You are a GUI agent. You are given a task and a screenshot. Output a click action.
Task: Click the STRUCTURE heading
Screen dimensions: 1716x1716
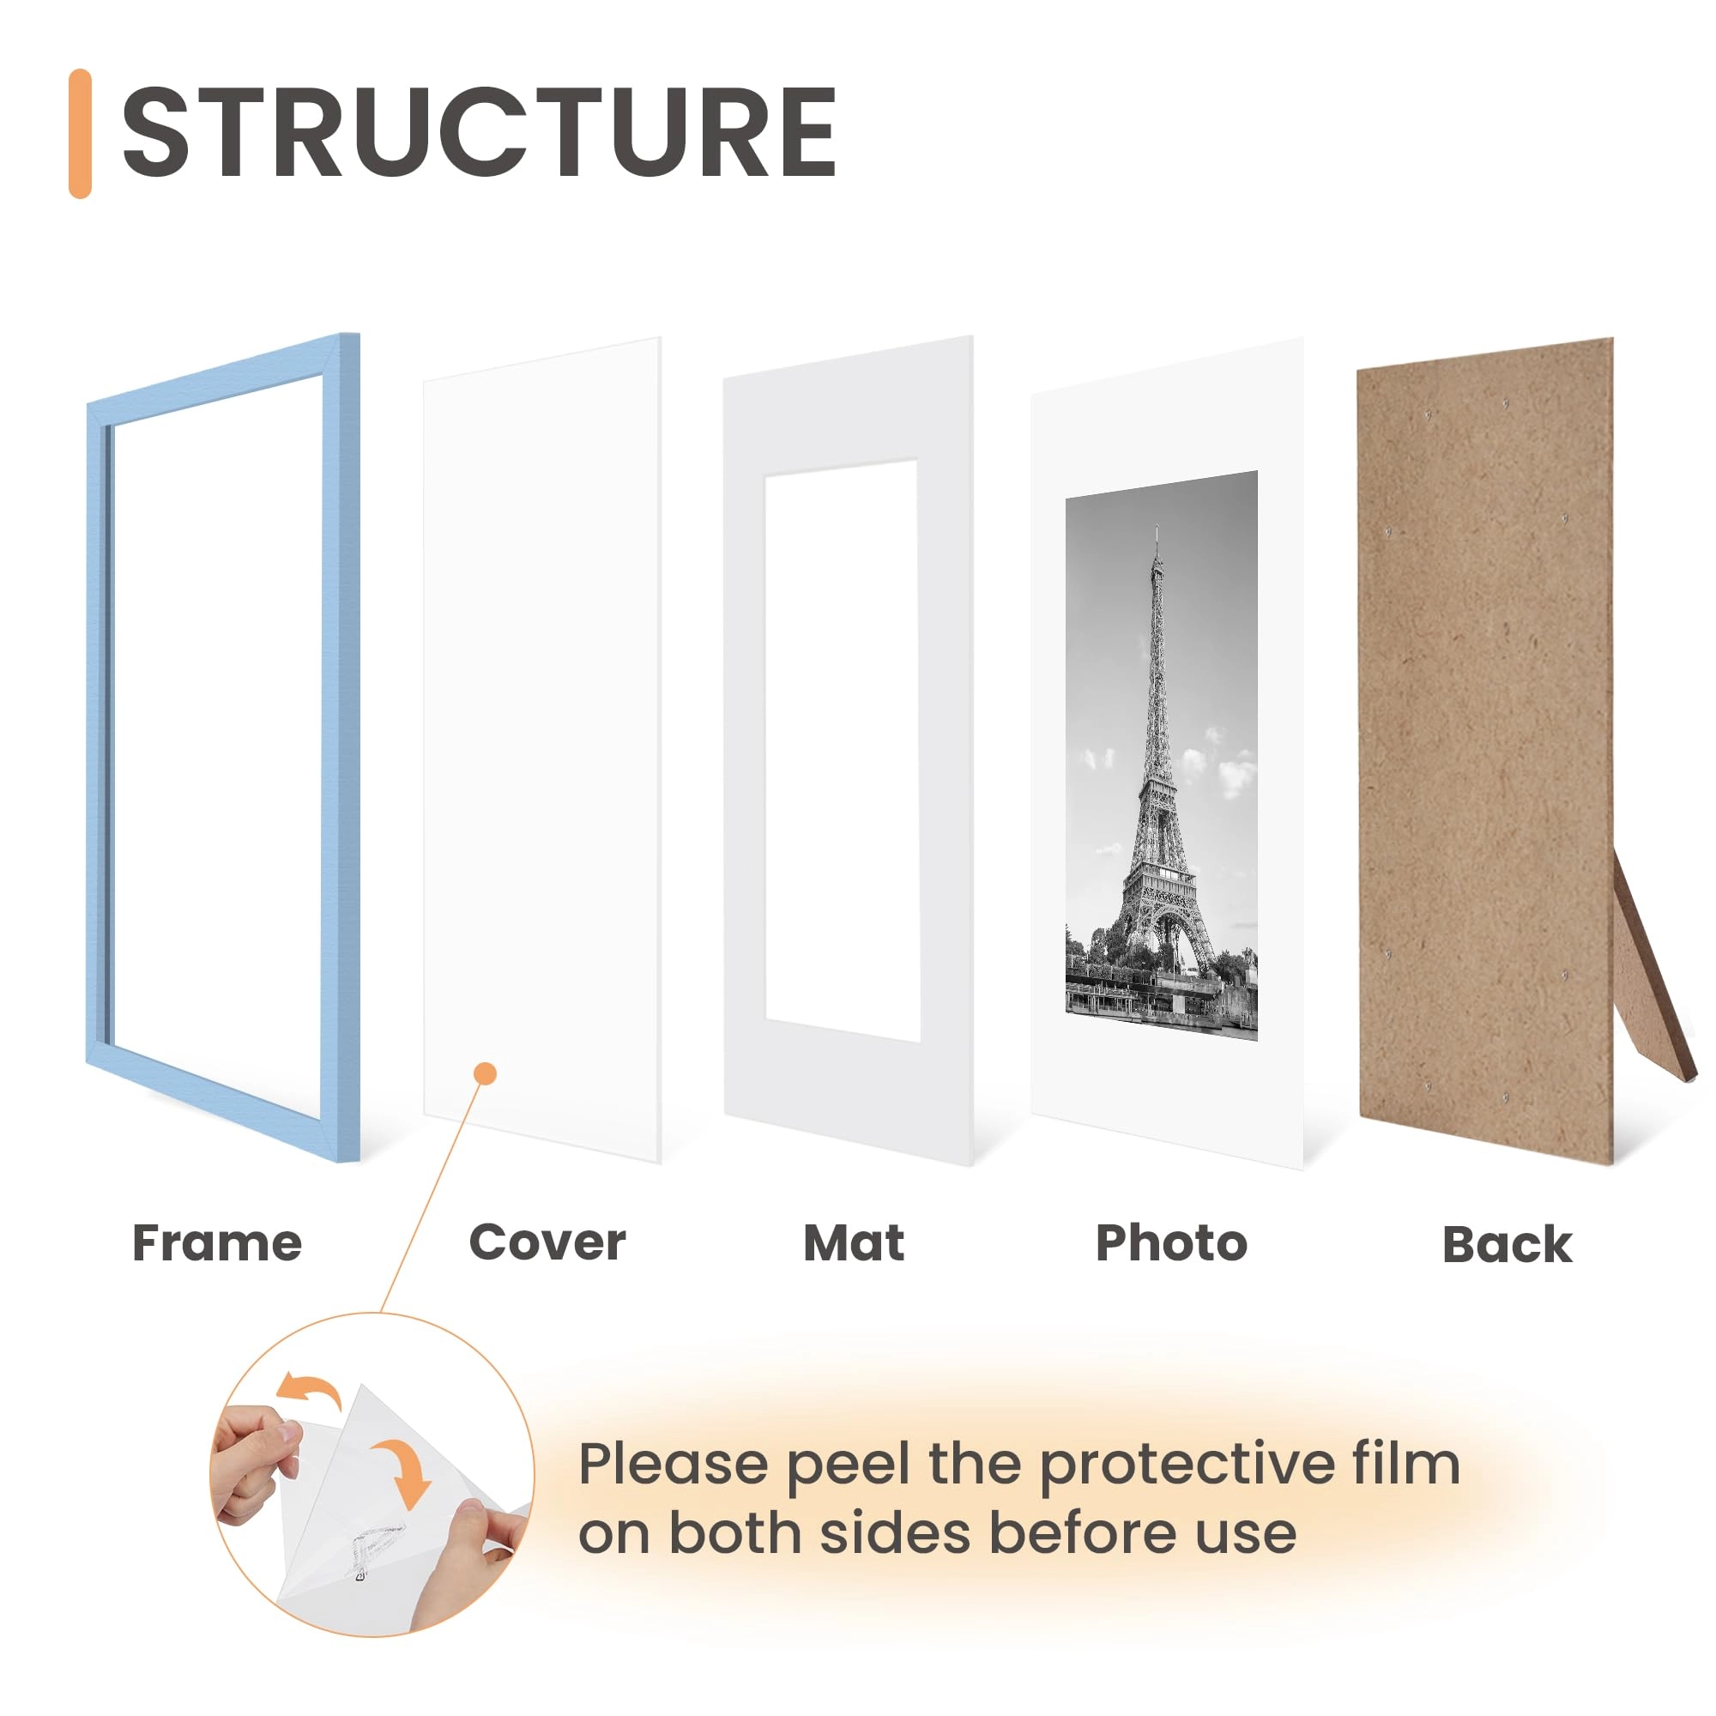479,133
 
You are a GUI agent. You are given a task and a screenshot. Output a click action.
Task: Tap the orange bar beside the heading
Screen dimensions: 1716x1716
80,133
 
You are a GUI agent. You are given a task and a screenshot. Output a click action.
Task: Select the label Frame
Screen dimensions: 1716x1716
217,1243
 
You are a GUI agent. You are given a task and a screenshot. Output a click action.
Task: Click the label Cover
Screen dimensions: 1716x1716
547,1242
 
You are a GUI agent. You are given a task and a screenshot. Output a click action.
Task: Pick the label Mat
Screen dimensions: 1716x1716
854,1243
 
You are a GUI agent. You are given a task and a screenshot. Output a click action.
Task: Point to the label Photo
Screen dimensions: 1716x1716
1171,1243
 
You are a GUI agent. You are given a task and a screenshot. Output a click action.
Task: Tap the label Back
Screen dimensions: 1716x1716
1508,1245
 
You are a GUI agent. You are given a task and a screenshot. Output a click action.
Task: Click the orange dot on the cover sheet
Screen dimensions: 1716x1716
485,1074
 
